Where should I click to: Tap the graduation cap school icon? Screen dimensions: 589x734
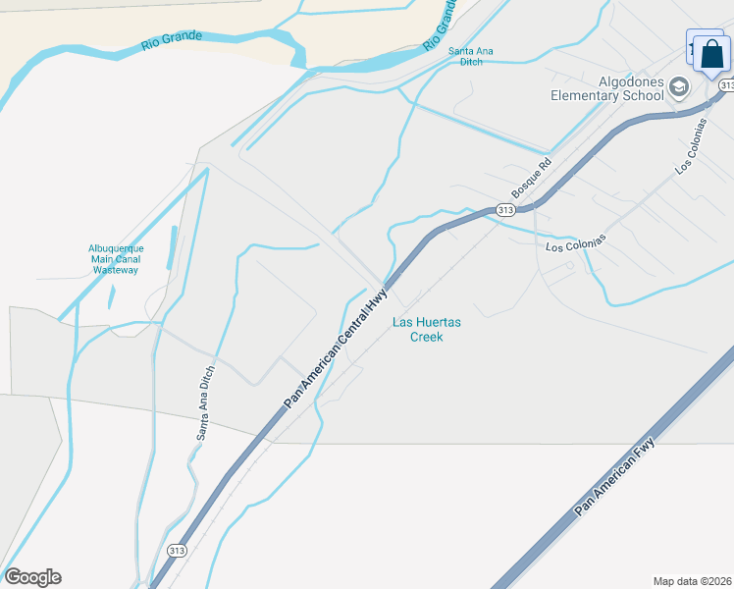[678, 89]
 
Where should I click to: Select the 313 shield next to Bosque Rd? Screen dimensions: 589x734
[505, 210]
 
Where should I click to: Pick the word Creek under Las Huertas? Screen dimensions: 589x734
[427, 337]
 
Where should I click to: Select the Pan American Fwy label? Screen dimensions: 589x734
[615, 478]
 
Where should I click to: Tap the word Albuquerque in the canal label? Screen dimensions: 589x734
[116, 248]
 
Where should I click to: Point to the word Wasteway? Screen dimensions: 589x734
[116, 269]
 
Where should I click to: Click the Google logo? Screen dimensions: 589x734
[32, 577]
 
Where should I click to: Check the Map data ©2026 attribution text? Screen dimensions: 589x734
[692, 580]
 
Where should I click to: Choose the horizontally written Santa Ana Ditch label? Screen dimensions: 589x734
[472, 56]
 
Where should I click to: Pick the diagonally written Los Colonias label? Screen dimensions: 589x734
[690, 146]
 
